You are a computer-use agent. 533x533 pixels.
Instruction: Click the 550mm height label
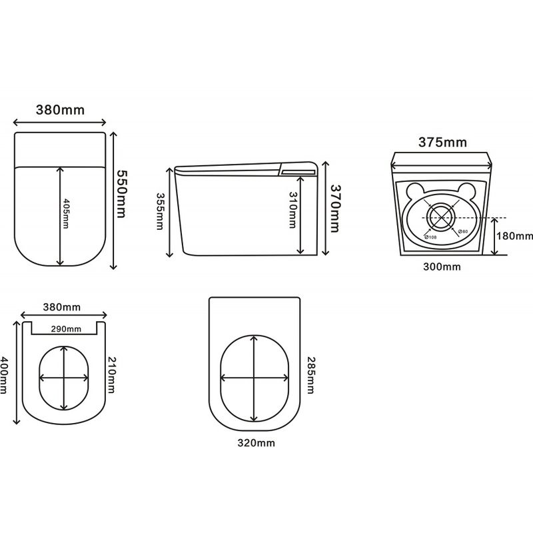tap(121, 193)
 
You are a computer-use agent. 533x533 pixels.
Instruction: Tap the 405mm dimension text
tap(65, 213)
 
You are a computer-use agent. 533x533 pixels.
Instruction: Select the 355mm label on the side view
tap(160, 211)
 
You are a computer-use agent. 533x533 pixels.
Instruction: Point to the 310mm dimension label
tap(292, 210)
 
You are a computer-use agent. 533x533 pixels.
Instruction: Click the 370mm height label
tap(335, 209)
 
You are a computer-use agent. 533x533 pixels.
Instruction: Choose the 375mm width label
tap(442, 142)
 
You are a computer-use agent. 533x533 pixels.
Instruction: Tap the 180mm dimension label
tap(514, 236)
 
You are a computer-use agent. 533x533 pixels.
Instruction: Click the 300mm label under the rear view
tap(442, 266)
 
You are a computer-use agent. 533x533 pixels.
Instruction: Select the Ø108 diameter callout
tap(430, 237)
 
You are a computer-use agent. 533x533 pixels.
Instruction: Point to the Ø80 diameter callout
tap(462, 231)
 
